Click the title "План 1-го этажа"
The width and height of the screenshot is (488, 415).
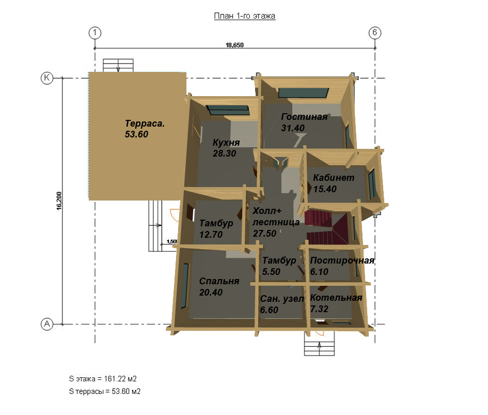[244, 16]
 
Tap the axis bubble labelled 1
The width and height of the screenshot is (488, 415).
[95, 33]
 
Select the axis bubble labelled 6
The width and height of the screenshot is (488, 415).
[375, 33]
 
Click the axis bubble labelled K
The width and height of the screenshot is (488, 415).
[47, 78]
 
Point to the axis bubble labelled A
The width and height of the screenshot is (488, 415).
[47, 324]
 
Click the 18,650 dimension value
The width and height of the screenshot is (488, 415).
[234, 45]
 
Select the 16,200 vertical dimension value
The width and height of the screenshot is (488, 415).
[59, 201]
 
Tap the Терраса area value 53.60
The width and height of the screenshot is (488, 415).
[136, 134]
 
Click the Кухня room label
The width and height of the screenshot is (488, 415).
[226, 143]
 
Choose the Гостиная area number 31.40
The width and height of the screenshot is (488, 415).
[293, 128]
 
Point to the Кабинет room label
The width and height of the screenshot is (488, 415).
[334, 178]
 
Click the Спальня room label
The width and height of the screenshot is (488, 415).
[219, 281]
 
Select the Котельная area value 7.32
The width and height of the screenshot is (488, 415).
[319, 309]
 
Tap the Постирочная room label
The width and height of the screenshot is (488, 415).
[342, 260]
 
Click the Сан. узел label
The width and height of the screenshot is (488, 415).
[282, 299]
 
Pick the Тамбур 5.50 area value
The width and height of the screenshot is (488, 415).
[271, 272]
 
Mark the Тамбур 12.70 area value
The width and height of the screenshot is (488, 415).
[211, 234]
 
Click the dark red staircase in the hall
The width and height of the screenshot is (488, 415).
[327, 227]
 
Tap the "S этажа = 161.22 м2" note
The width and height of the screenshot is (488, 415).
[103, 379]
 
